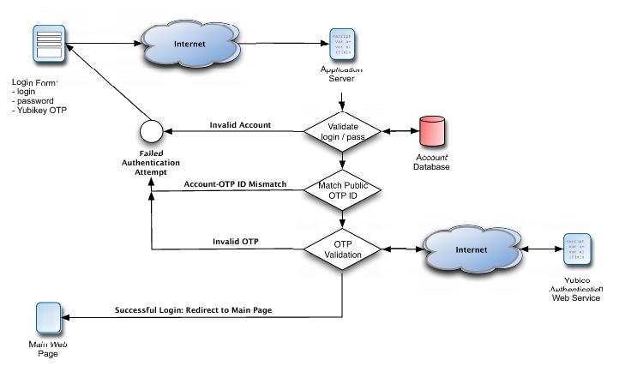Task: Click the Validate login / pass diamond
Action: click(343, 131)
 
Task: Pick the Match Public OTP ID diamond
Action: click(343, 191)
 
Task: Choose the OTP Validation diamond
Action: click(343, 249)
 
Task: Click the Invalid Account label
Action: click(240, 124)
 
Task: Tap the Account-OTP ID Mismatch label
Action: click(234, 184)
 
